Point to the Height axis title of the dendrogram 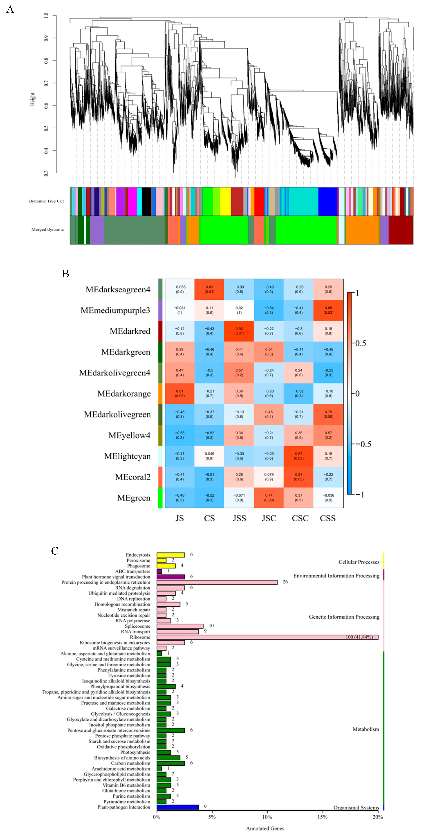click(32, 99)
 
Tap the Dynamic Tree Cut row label click(46, 201)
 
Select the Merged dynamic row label click(47, 229)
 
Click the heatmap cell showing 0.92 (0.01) click(239, 331)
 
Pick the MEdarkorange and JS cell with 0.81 click(180, 393)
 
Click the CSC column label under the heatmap click(300, 518)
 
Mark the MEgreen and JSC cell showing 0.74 click(269, 497)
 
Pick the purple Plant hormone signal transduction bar click(171, 577)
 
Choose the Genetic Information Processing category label click(344, 617)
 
